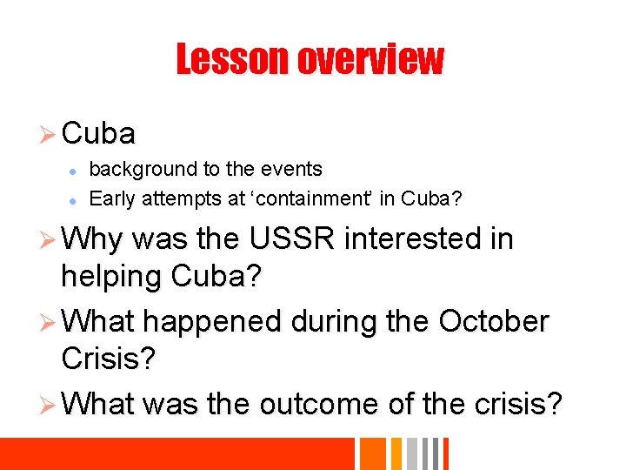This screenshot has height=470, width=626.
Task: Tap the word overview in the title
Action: [370, 60]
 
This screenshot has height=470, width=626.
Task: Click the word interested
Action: [419, 238]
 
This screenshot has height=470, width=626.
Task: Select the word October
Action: [494, 321]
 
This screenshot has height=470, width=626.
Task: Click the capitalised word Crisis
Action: [109, 359]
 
